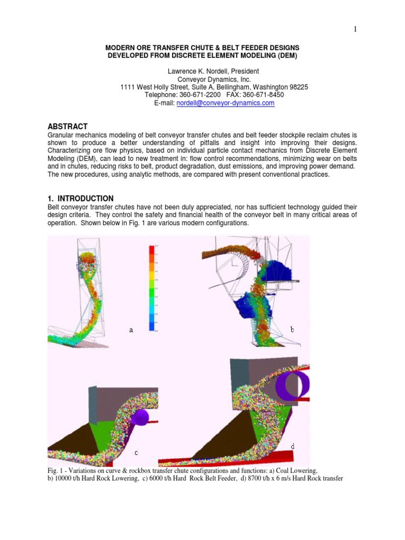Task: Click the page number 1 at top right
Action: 355,30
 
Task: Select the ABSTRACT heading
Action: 67,126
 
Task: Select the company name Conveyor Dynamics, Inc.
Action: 202,79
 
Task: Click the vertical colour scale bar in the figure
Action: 152,287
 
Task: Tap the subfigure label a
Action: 131,330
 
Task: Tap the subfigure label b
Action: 292,329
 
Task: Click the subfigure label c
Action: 136,452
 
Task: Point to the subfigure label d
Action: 293,446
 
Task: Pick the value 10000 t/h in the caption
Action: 70,479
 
